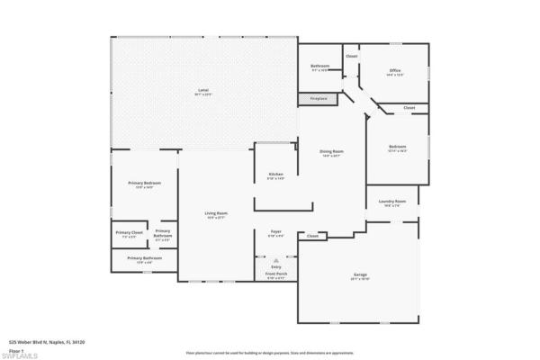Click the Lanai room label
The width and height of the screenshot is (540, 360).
point(203,89)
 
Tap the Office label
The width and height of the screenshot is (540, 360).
point(394,70)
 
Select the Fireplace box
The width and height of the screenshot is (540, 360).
point(319,97)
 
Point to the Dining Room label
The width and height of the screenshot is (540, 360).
point(332,151)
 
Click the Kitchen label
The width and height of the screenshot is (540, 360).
point(275,174)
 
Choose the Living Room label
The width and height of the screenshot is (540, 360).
point(216,212)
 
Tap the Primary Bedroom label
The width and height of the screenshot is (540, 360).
point(144,183)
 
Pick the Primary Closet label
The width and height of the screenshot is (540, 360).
point(129,233)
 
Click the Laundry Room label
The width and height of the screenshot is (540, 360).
point(392,202)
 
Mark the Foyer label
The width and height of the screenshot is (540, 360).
point(276,231)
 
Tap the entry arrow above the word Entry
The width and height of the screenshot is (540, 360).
point(276,259)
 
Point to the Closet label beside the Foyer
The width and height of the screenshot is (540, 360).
point(312,236)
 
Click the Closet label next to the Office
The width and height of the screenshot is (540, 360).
point(351,56)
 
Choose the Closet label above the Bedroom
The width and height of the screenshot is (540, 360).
point(409,107)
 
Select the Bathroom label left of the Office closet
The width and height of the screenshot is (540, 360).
point(320,66)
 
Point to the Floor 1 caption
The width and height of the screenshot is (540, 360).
point(15,347)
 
